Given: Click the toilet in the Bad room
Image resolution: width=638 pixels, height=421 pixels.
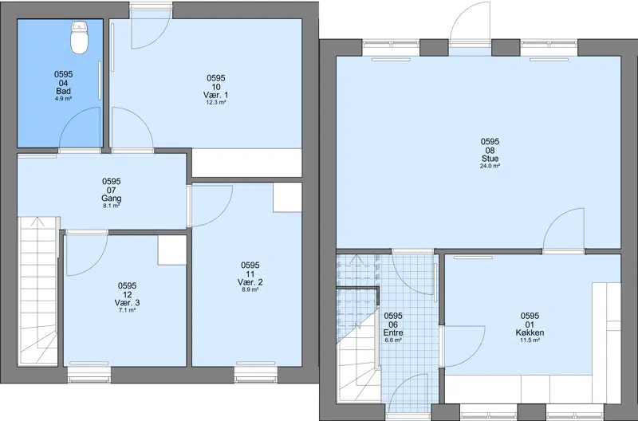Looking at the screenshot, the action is (x=79, y=37).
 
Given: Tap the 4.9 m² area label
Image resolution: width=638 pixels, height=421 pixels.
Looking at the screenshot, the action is (x=64, y=98).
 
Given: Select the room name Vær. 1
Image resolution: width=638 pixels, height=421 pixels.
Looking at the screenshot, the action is (x=215, y=95).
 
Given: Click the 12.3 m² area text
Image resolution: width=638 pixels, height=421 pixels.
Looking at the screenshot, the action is (x=215, y=103).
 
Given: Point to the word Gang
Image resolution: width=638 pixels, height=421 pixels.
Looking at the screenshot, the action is (x=111, y=199).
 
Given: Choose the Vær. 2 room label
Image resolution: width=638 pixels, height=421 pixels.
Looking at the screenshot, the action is (x=250, y=282).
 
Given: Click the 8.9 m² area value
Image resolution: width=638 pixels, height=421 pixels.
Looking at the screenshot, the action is (x=250, y=289).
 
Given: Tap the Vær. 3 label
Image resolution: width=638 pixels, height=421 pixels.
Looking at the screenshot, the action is (x=127, y=303).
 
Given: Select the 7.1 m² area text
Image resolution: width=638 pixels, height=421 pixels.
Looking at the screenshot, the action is (x=127, y=310).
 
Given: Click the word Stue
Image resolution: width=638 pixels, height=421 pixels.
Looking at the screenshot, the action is (x=490, y=159).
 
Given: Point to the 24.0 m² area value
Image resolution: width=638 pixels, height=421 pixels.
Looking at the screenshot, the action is (x=490, y=166).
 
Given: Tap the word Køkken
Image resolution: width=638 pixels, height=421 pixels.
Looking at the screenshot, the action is (x=530, y=332).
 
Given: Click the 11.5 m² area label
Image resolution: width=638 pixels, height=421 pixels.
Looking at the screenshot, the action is (x=530, y=340).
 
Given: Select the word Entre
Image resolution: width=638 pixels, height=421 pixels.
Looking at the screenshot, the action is (x=393, y=332).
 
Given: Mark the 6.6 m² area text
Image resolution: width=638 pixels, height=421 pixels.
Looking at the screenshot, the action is (x=393, y=340).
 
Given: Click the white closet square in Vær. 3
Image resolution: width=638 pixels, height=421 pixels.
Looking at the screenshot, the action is (x=172, y=250).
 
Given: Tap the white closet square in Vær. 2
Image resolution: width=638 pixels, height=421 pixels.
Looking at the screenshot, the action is (x=287, y=197).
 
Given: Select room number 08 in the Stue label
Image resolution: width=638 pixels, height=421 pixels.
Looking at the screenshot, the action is (x=490, y=151).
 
